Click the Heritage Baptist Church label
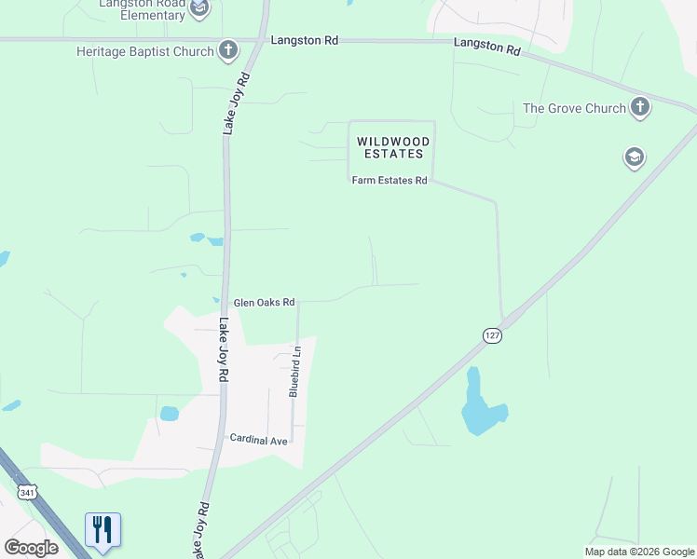pyautogui.click(x=145, y=51)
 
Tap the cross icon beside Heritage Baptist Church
pyautogui.click(x=228, y=50)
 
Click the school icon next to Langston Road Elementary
pyautogui.click(x=199, y=9)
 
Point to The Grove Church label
pyautogui.click(x=574, y=108)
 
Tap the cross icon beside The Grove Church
pyautogui.click(x=639, y=108)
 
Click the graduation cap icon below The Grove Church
pyautogui.click(x=634, y=157)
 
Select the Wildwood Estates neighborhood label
pyautogui.click(x=390, y=147)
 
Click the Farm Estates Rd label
pyautogui.click(x=389, y=180)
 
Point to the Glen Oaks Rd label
pyautogui.click(x=264, y=303)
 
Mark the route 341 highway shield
pyautogui.click(x=27, y=491)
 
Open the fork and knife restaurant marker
pyautogui.click(x=103, y=530)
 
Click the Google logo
pyautogui.click(x=31, y=548)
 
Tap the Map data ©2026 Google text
pyautogui.click(x=639, y=552)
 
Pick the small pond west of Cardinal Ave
pyautogui.click(x=169, y=413)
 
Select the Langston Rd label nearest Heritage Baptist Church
pyautogui.click(x=304, y=41)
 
